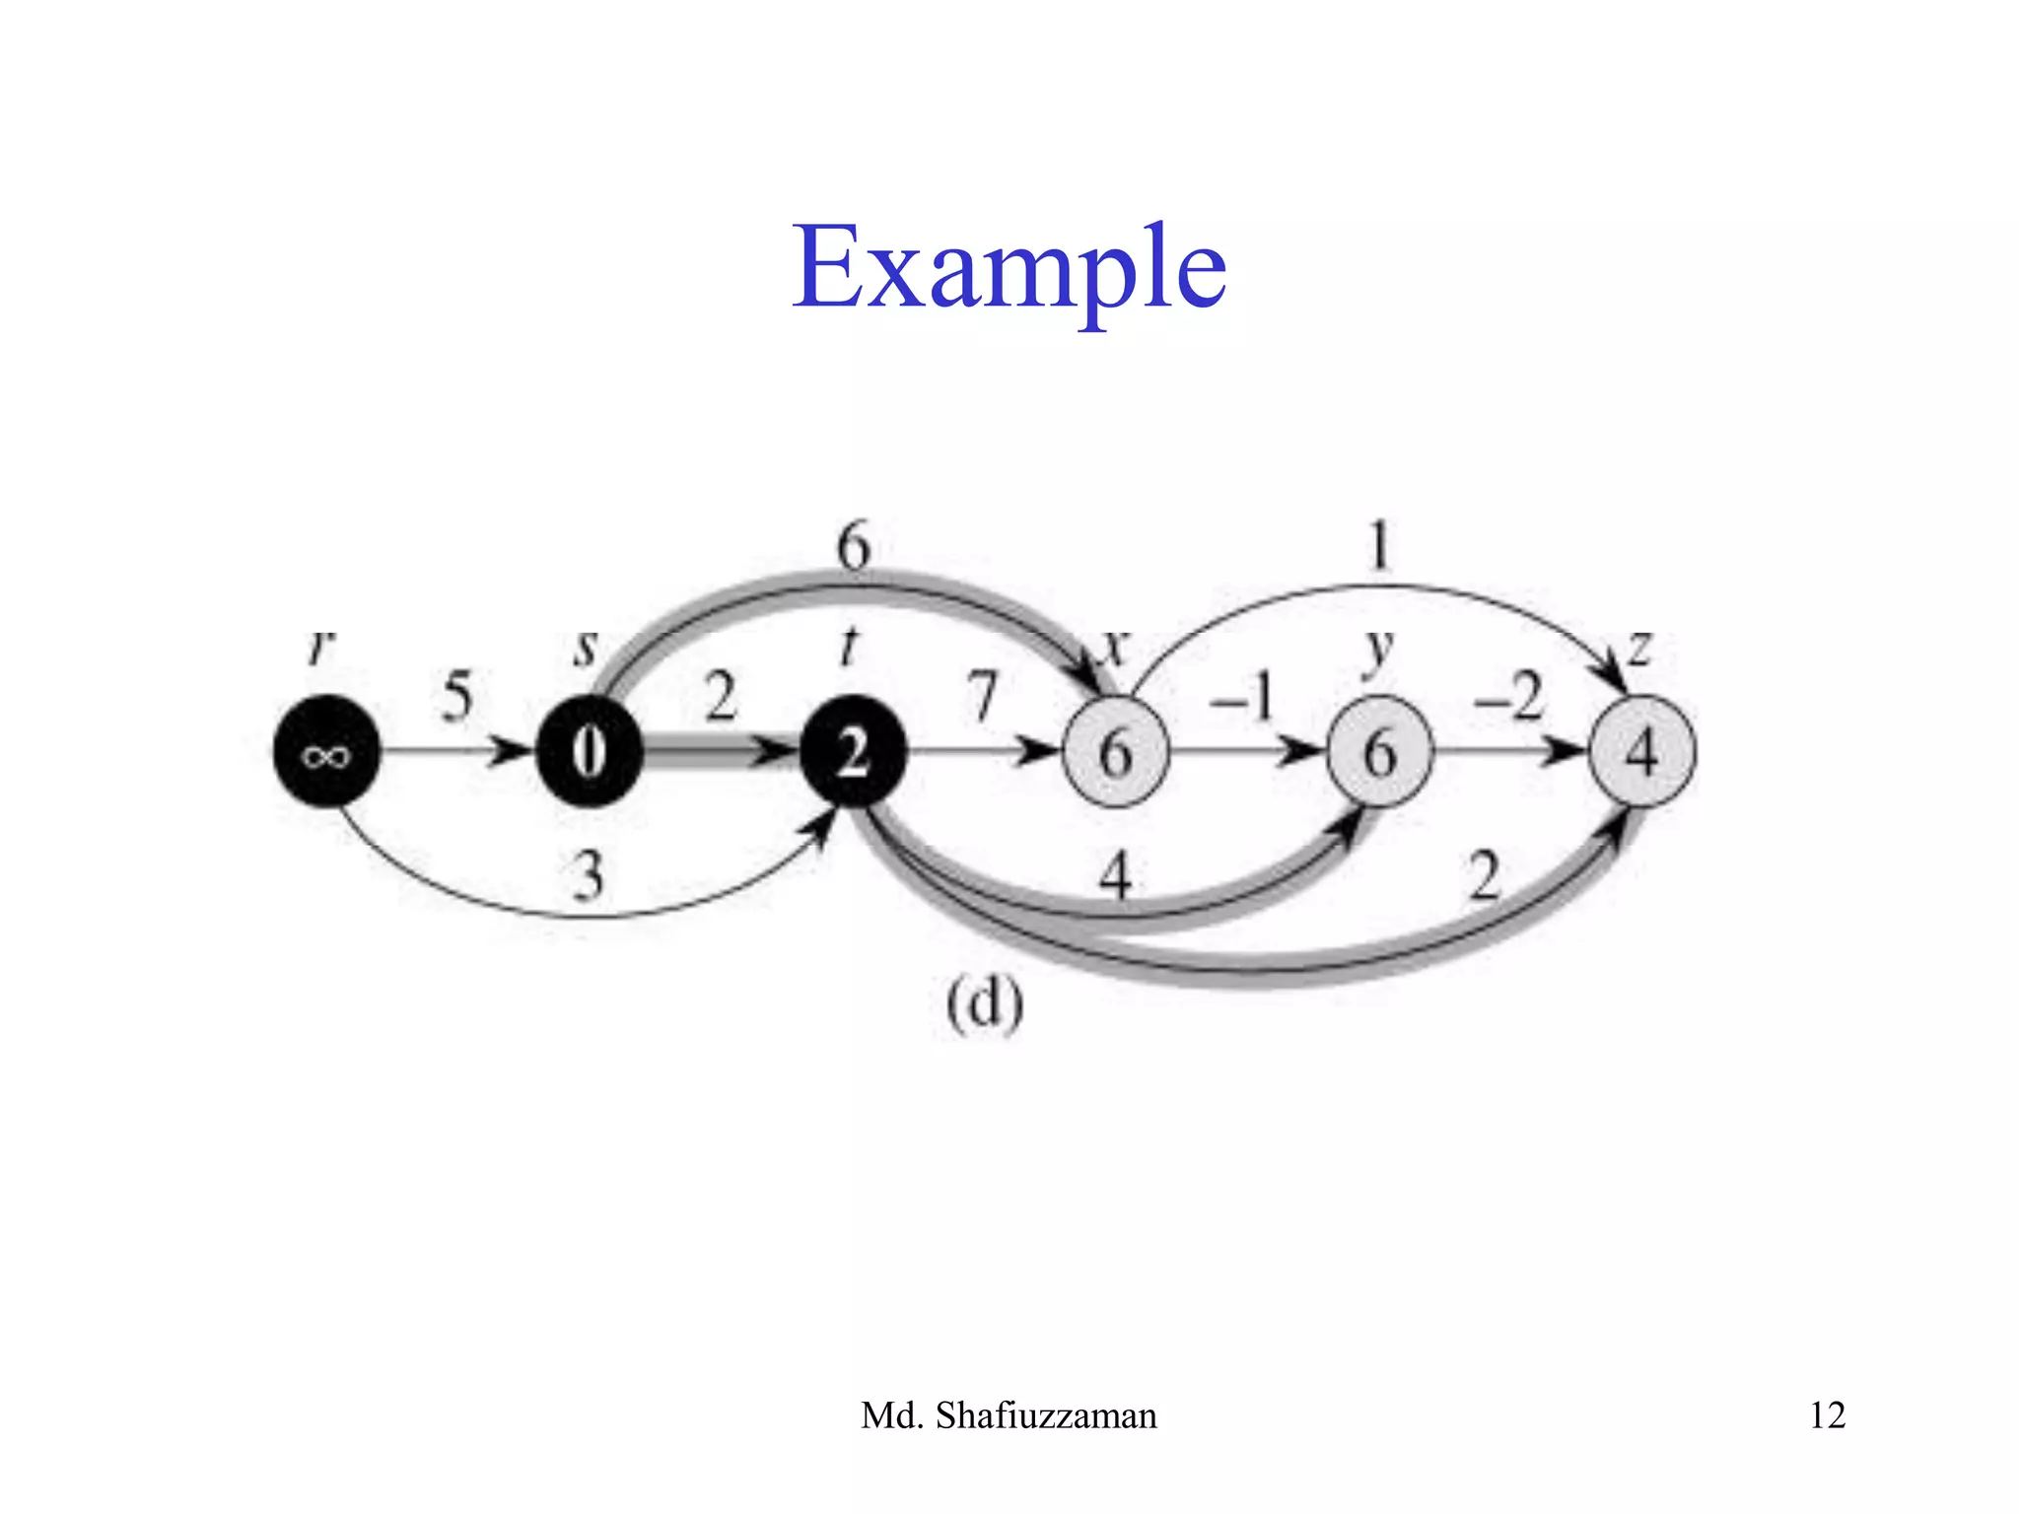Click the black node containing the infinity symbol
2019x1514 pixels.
pyautogui.click(x=325, y=752)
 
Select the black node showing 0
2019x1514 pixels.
pyautogui.click(x=589, y=752)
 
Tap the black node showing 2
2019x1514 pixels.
pyautogui.click(x=853, y=752)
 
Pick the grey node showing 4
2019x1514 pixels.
pyautogui.click(x=1641, y=752)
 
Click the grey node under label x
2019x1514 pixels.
pyautogui.click(x=1115, y=752)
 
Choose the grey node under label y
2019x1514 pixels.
pyautogui.click(x=1378, y=752)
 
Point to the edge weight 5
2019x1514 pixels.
pyautogui.click(x=456, y=696)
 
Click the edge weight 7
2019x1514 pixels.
pyautogui.click(x=983, y=696)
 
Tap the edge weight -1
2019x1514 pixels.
pyautogui.click(x=1242, y=696)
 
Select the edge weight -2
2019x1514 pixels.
pyautogui.click(x=1507, y=696)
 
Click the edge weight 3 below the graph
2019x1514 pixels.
pyautogui.click(x=588, y=875)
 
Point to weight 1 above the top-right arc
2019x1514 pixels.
pyautogui.click(x=1379, y=545)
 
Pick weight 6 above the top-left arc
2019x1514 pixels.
pyautogui.click(x=854, y=545)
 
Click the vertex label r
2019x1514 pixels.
pyautogui.click(x=321, y=648)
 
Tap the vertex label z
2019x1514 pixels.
pyautogui.click(x=1638, y=648)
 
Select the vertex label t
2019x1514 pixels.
pyautogui.click(x=848, y=648)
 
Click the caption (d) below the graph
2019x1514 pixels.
pyautogui.click(x=985, y=1006)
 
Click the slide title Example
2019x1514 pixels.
pyautogui.click(x=1009, y=266)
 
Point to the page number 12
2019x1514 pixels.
pyautogui.click(x=1827, y=1415)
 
